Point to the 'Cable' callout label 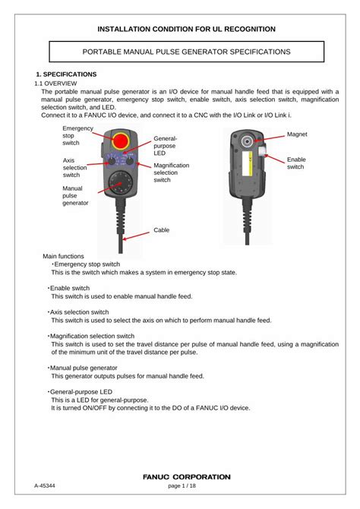[162, 229]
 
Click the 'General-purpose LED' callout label [165, 146]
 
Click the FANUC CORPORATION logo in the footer [186, 476]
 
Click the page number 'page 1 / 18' [182, 485]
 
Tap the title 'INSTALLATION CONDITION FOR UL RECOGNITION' [186, 29]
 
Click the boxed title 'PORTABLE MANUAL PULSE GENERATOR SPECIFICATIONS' [186, 52]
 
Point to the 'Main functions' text [63, 256]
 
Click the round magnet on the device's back [248, 142]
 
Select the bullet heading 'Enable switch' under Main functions [70, 289]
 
